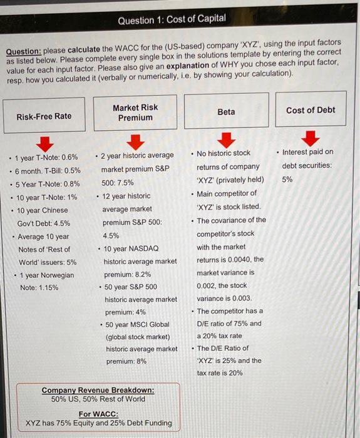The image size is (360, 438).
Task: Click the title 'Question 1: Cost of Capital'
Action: (172, 19)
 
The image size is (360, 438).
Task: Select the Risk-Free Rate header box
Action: (44, 116)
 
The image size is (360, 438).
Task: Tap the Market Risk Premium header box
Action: (135, 113)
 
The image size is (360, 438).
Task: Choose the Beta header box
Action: (226, 111)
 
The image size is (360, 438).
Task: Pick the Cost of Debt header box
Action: (311, 110)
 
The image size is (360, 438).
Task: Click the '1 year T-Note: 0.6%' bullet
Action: (48, 157)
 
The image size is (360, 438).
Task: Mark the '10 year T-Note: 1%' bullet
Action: (47, 197)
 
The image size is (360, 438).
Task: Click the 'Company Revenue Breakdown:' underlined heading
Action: (98, 390)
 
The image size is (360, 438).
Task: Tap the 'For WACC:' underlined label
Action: (98, 414)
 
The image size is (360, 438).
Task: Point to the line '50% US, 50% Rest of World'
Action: (98, 399)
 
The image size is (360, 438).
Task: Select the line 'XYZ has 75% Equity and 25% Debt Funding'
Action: (98, 423)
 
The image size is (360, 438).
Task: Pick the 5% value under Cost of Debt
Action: (287, 179)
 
